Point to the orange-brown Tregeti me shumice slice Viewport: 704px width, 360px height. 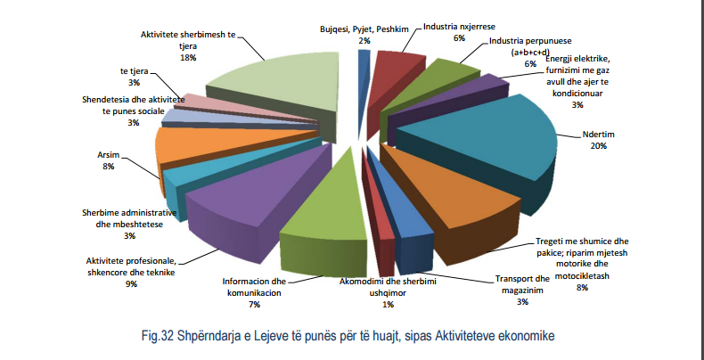[454, 196]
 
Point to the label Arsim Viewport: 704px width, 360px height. [109, 155]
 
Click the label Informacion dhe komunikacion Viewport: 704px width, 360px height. [253, 286]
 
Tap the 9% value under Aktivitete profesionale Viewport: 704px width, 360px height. [131, 284]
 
